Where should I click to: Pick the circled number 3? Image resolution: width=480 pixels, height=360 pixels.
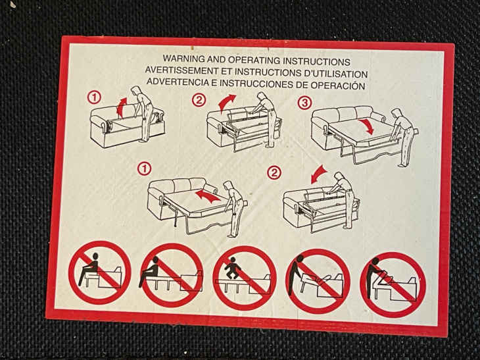[x=304, y=103]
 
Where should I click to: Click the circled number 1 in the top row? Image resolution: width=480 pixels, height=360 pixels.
[x=94, y=97]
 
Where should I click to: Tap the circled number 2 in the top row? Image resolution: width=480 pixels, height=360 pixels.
[x=199, y=100]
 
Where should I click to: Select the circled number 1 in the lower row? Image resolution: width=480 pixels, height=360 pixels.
[x=145, y=169]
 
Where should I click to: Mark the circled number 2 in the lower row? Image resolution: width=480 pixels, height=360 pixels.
[x=274, y=173]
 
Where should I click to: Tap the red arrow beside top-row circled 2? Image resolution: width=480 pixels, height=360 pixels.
[x=226, y=102]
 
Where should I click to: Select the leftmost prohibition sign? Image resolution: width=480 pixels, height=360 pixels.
[x=100, y=272]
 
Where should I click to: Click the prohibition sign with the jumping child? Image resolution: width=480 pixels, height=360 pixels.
[x=245, y=278]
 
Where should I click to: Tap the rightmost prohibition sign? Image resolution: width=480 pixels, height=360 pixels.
[x=393, y=284]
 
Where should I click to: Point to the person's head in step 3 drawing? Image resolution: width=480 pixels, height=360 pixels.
[x=397, y=113]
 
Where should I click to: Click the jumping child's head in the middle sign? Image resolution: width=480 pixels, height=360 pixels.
[x=233, y=259]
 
